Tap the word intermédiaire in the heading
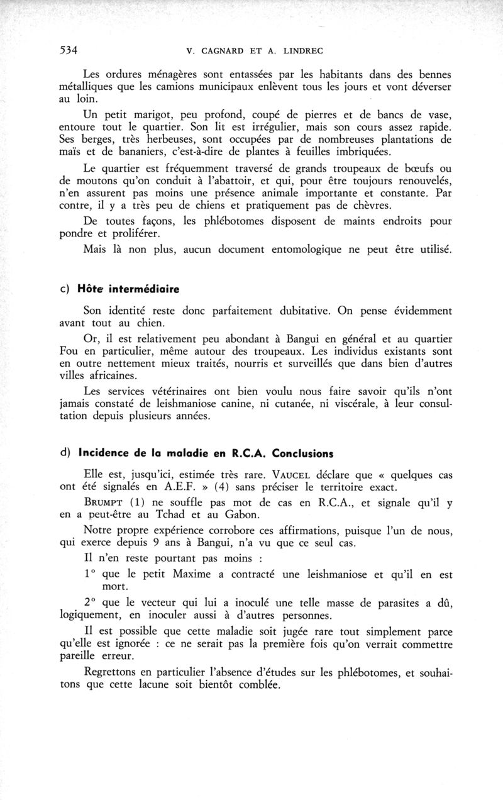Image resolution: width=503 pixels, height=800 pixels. (x=143, y=289)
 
